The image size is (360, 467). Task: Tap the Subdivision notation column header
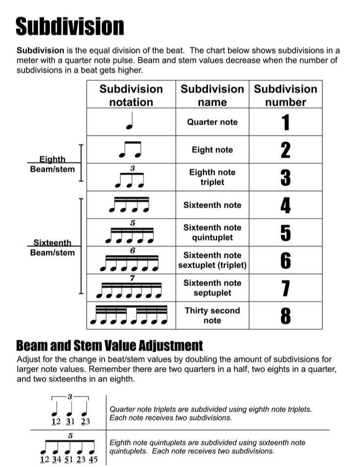point(131,95)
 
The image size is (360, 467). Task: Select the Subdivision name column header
point(212,95)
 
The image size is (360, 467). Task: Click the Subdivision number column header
point(285,95)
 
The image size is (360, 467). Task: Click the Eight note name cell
point(212,150)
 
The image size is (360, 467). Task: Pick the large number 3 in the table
point(285,178)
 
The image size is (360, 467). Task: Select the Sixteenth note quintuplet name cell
point(212,233)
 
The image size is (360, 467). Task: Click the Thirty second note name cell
point(212,315)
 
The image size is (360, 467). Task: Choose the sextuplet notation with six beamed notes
point(130,261)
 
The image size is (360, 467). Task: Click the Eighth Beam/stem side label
point(52,164)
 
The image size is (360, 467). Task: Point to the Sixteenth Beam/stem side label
point(52,248)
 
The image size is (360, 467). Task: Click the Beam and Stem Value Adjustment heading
point(110,346)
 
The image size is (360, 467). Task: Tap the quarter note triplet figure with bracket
point(71,408)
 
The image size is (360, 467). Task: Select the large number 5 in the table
point(285,233)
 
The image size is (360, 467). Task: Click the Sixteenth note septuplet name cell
point(212,288)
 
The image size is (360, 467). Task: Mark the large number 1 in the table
point(285,122)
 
